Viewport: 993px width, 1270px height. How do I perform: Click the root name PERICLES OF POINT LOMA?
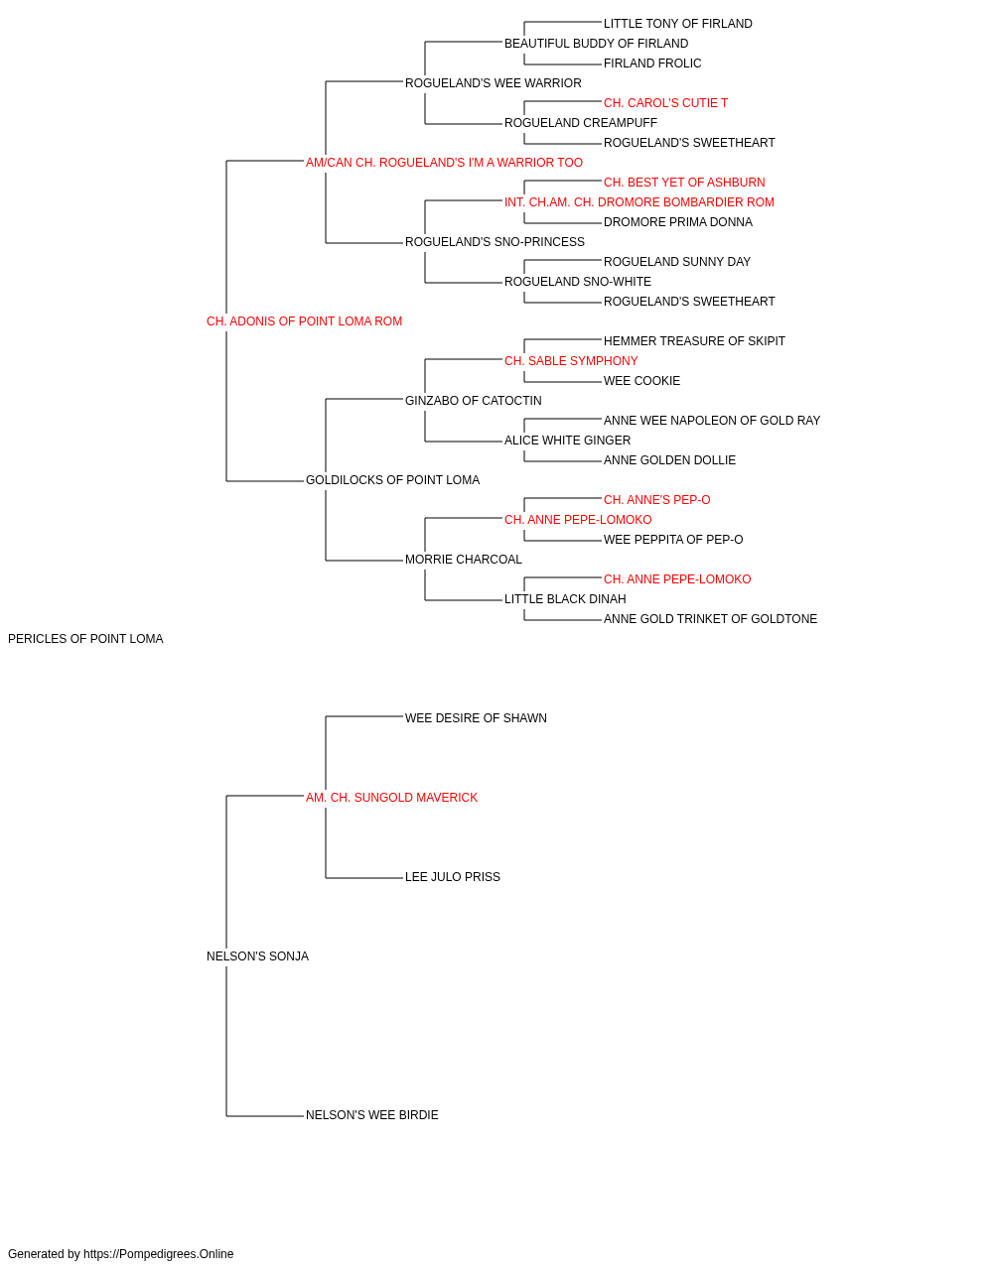pos(85,639)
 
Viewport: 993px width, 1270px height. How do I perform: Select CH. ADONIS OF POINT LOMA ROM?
pos(304,321)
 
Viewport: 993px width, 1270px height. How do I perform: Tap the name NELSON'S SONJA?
pos(257,956)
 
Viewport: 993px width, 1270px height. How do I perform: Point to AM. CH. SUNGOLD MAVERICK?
pos(391,798)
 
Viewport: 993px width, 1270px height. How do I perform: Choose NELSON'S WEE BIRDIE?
pos(372,1115)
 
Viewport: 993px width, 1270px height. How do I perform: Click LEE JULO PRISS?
pos(453,877)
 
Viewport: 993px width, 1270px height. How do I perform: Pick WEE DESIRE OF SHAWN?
pos(476,718)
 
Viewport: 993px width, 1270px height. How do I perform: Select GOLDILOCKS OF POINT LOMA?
pos(392,480)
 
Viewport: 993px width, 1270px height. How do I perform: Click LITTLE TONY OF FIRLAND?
pos(678,24)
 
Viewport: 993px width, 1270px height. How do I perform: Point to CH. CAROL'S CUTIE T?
pos(665,103)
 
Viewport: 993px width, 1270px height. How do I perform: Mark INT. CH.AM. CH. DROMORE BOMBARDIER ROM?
pos(639,202)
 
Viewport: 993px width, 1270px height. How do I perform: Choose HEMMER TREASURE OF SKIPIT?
pos(694,340)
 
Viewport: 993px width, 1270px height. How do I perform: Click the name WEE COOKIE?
pos(641,380)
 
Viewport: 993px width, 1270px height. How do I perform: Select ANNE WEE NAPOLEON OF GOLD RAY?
pos(712,421)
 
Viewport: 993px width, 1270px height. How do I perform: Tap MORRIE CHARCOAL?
pos(463,560)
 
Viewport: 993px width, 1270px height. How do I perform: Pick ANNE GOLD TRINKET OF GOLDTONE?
pos(710,619)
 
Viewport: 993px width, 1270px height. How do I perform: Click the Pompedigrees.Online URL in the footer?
pos(158,1254)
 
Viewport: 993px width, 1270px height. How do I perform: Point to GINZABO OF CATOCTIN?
pos(473,400)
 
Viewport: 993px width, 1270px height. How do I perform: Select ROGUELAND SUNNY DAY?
pos(676,262)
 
